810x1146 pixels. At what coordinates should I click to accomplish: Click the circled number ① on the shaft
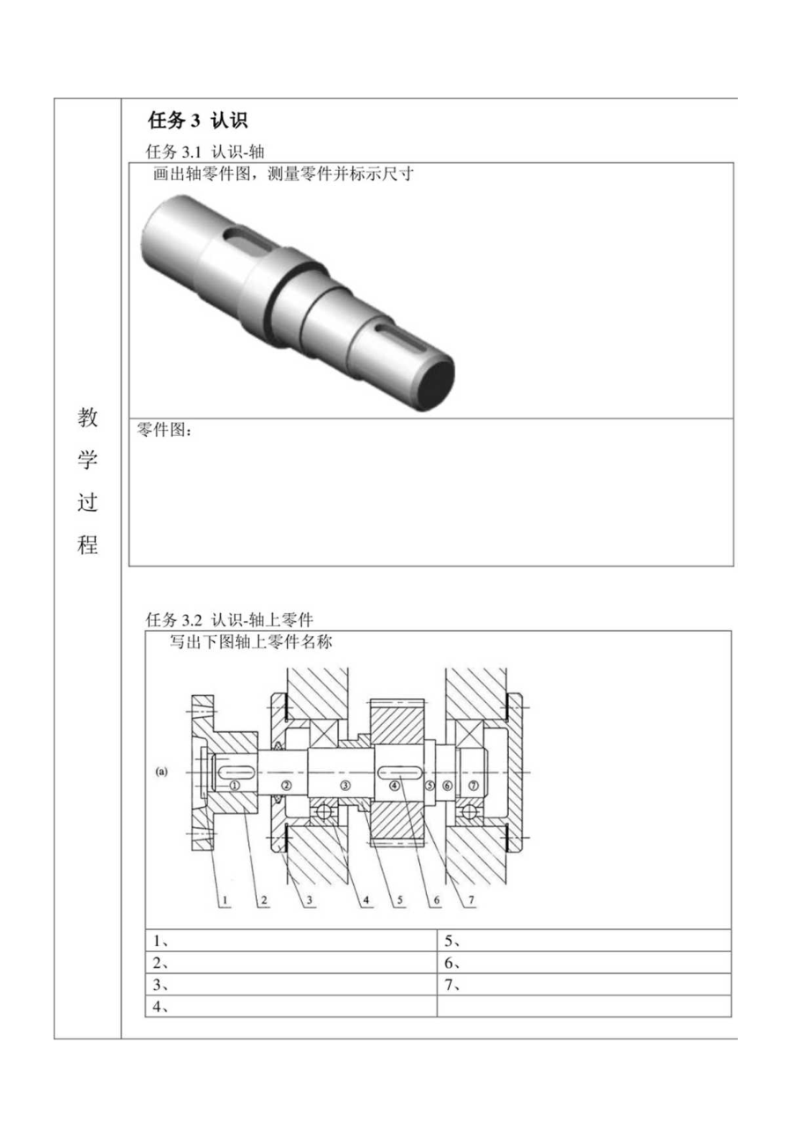coord(234,784)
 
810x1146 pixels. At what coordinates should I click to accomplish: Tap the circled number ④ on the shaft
coord(394,784)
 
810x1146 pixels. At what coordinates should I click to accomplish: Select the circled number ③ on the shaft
coord(345,784)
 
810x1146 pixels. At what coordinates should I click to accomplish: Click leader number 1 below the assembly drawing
coord(225,900)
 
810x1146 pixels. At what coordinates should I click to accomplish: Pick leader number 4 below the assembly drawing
coord(366,900)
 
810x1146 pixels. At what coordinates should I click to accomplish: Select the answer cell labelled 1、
coord(291,940)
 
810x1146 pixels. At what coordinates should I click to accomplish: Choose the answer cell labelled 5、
coord(583,940)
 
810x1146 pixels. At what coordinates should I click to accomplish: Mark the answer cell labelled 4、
coord(291,1006)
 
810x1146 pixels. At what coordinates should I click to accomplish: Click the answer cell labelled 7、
coord(583,984)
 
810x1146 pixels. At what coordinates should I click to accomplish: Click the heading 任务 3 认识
coord(197,122)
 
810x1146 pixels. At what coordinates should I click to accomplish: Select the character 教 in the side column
coord(88,418)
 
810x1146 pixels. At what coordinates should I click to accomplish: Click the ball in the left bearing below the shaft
coord(323,811)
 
